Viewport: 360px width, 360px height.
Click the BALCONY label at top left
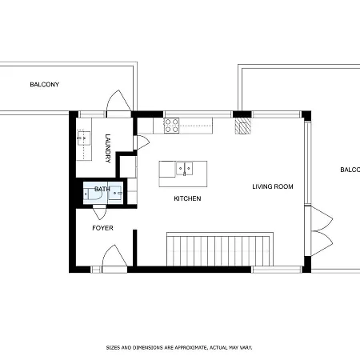point(45,85)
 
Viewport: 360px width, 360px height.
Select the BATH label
point(102,190)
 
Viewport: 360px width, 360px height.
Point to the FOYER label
point(102,228)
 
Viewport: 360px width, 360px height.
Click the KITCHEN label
point(187,198)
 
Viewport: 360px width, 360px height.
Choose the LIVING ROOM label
point(273,186)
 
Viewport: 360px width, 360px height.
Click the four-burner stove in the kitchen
point(171,126)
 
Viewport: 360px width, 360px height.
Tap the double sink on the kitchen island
point(185,169)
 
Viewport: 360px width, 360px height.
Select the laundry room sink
point(83,138)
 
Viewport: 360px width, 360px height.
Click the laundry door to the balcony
point(117,102)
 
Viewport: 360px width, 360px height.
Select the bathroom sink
point(117,192)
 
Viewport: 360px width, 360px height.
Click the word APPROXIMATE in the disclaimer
point(184,348)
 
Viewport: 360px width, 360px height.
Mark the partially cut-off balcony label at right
point(350,170)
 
